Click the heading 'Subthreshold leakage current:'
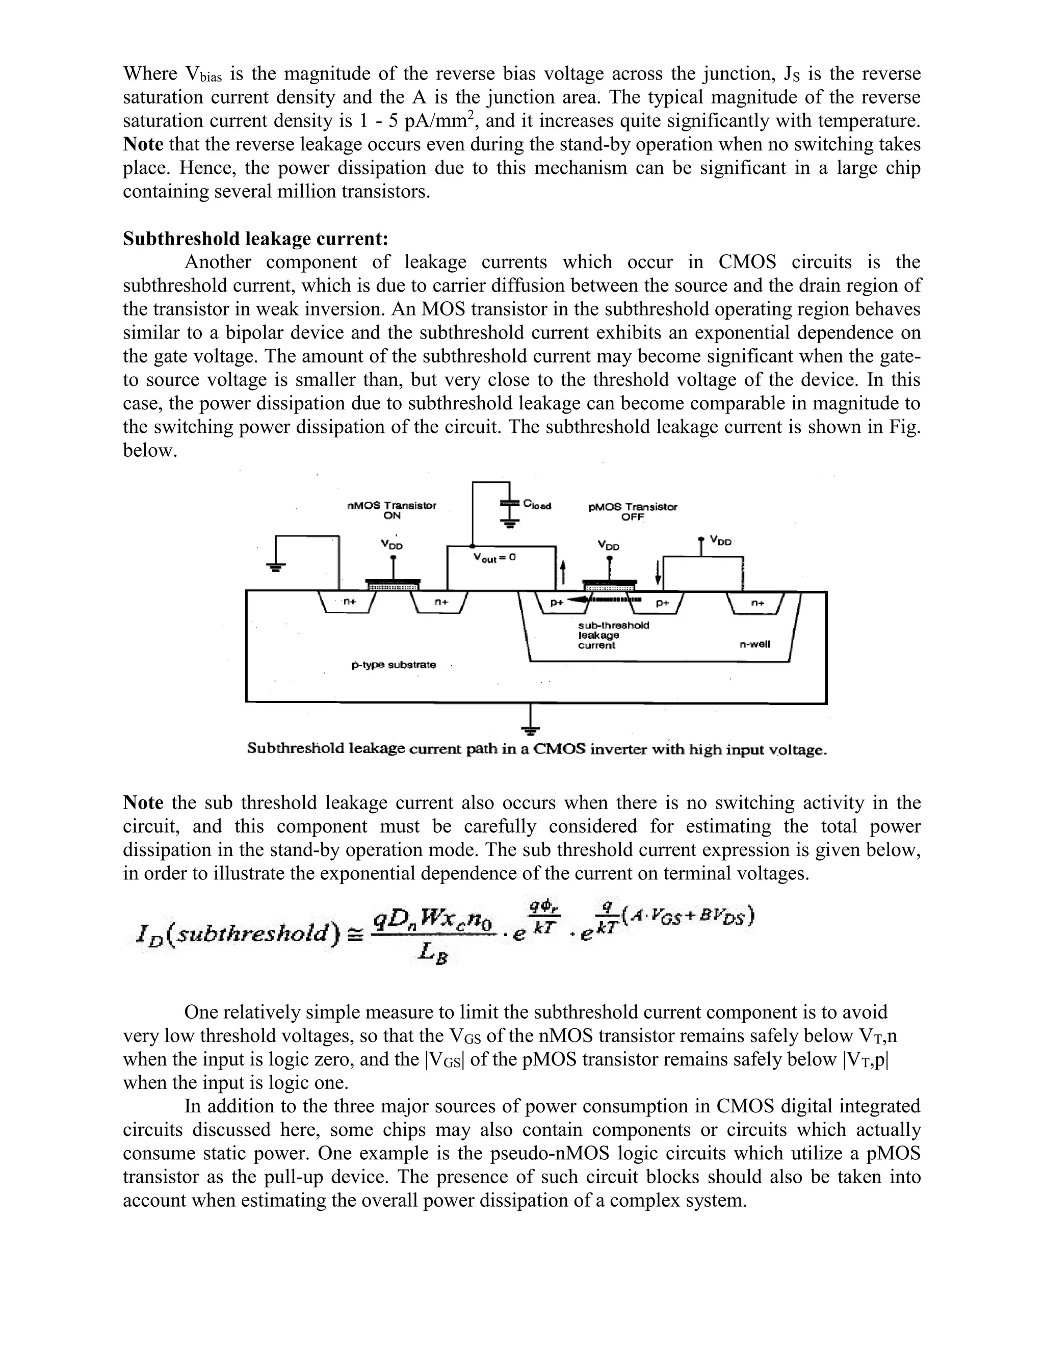[x=255, y=239]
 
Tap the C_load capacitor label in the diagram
[x=536, y=504]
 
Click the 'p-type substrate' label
[x=394, y=665]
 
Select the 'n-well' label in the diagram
[x=754, y=644]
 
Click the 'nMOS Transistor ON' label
[x=391, y=510]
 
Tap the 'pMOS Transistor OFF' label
[x=632, y=511]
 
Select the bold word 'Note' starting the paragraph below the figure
[x=143, y=803]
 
